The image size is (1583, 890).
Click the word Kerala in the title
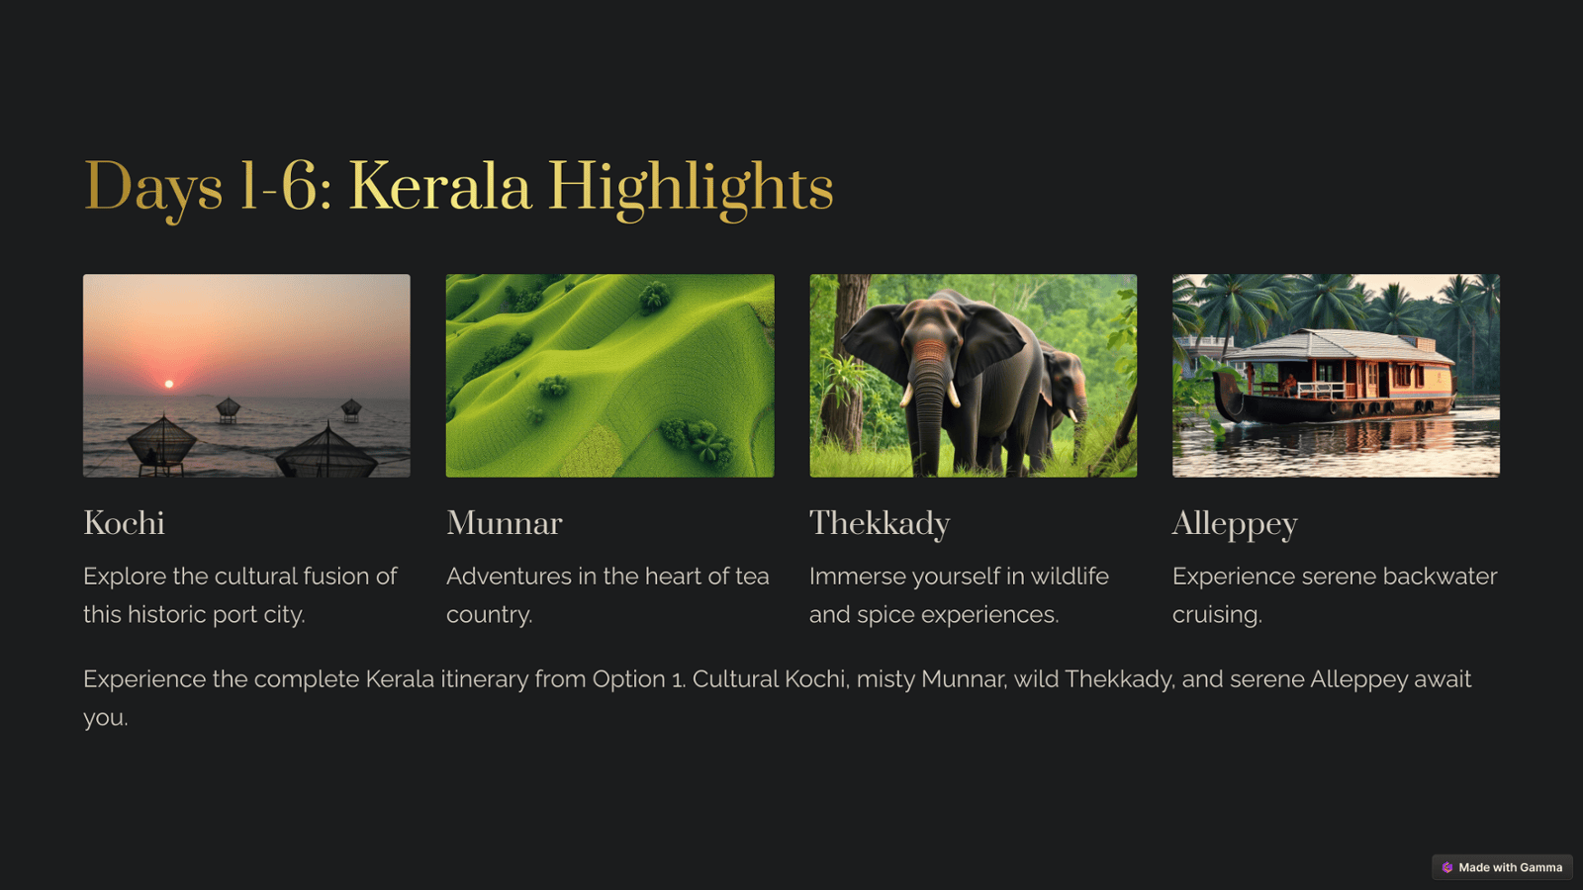pos(439,186)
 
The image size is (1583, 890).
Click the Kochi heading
pos(124,523)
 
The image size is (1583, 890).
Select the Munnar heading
pos(504,523)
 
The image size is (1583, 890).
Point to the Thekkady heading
pos(880,524)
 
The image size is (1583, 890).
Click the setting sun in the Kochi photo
pos(169,384)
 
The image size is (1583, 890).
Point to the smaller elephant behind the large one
pos(1065,402)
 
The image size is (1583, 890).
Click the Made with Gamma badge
pos(1502,867)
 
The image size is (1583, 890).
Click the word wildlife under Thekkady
pos(1070,577)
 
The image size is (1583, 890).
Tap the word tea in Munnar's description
pos(752,578)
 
